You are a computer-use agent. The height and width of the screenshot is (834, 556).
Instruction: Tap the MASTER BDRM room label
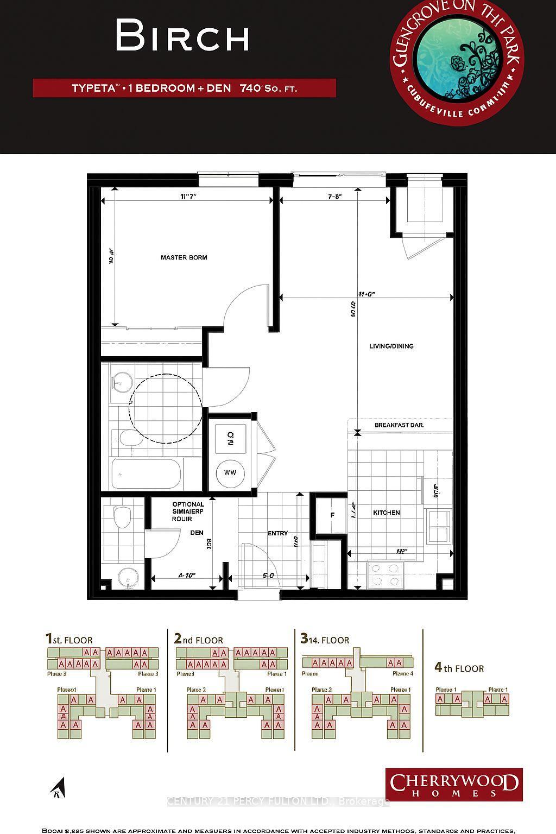click(184, 257)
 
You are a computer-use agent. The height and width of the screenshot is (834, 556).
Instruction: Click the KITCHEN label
click(386, 513)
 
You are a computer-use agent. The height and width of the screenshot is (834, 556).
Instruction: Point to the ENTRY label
click(277, 533)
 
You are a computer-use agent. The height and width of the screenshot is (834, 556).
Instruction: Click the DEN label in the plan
click(196, 533)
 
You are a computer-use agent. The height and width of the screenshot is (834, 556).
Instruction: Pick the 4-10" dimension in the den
click(186, 575)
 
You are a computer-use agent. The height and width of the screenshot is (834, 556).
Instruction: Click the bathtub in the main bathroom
click(147, 474)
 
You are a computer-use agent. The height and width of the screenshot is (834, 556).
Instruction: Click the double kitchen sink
click(438, 526)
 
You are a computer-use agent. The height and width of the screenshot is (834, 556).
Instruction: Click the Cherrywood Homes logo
click(454, 785)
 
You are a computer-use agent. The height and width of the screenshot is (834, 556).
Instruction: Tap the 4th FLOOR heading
click(459, 668)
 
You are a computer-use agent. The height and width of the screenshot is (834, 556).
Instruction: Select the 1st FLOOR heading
click(69, 640)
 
